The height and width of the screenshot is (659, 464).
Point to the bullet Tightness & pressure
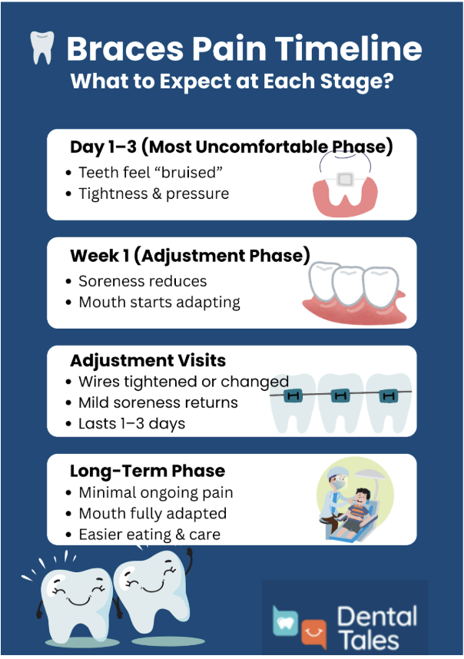[x=154, y=194]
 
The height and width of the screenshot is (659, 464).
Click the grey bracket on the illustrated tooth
[x=345, y=180]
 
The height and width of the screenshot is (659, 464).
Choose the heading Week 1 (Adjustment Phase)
[x=190, y=256]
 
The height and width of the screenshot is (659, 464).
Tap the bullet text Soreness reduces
[x=142, y=281]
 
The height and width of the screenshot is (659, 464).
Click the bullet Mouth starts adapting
[x=159, y=302]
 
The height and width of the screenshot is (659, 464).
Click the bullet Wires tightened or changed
[x=183, y=382]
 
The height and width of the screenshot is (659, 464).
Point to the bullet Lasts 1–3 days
[x=131, y=423]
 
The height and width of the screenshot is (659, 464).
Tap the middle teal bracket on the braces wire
[x=340, y=396]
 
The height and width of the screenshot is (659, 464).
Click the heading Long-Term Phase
[x=147, y=472]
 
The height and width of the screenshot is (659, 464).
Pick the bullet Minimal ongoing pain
[x=155, y=492]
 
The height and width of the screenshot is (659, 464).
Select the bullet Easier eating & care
[x=149, y=534]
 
